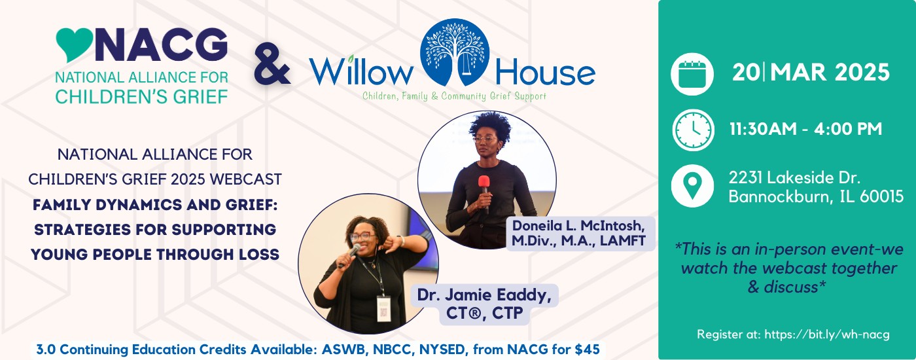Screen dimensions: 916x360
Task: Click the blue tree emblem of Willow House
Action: coord(455,52)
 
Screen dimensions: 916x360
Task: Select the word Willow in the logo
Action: coord(361,71)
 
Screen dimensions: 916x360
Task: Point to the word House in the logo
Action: coord(545,73)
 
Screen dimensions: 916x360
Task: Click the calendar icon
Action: coord(692,74)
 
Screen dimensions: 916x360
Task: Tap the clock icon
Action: coord(693,130)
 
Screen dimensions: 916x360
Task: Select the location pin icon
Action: coord(692,186)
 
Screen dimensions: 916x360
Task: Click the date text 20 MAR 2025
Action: coord(811,73)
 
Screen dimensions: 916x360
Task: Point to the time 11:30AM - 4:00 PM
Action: coord(805,129)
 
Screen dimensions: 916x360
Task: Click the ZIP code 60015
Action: coord(882,197)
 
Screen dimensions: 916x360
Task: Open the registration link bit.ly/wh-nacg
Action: coord(827,334)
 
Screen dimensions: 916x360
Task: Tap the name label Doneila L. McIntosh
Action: coord(578,225)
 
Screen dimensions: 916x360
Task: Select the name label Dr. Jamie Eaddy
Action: coord(484,295)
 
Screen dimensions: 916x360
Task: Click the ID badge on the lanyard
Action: coord(383,309)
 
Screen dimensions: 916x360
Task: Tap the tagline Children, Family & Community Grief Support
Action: coord(454,96)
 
